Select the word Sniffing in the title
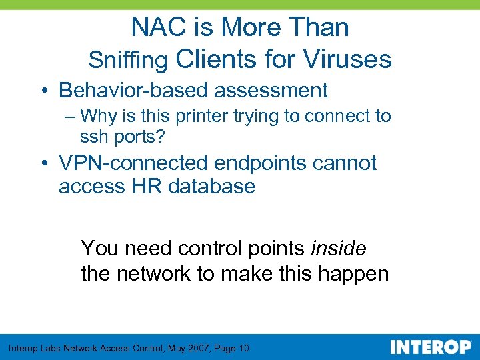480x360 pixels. pyautogui.click(x=128, y=60)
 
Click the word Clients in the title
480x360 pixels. pyautogui.click(x=215, y=59)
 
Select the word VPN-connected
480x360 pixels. pyautogui.click(x=132, y=163)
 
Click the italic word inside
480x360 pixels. pyautogui.click(x=339, y=249)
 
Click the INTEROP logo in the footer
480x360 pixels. pyautogui.click(x=429, y=347)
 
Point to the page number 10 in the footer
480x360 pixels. pyautogui.click(x=243, y=348)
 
